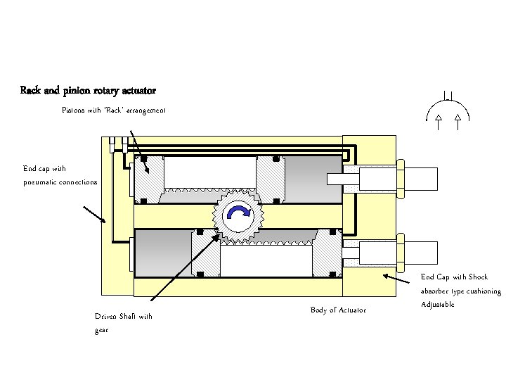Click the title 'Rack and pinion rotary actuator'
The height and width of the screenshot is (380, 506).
pyautogui.click(x=88, y=91)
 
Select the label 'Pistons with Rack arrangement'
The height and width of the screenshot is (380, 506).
pyautogui.click(x=114, y=110)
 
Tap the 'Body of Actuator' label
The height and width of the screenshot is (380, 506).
pyautogui.click(x=337, y=310)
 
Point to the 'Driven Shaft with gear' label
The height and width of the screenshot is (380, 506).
pyautogui.click(x=123, y=323)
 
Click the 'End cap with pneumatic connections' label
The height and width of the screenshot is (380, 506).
pyautogui.click(x=60, y=175)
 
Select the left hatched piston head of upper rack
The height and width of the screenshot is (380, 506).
pyautogui.click(x=150, y=177)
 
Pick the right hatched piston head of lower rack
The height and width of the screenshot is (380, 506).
pyautogui.click(x=325, y=254)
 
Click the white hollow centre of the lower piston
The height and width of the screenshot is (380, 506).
pyautogui.click(x=264, y=260)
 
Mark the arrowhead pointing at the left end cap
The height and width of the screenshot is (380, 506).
pyautogui.click(x=105, y=222)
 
